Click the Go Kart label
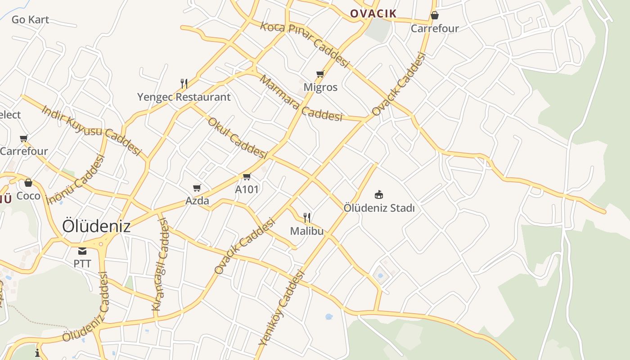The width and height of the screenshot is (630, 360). tap(30, 19)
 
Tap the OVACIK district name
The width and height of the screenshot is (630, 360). tap(373, 13)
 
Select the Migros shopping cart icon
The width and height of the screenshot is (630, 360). tap(320, 74)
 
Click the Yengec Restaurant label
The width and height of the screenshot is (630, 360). tap(184, 97)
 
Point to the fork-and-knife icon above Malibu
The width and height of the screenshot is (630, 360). tap(307, 218)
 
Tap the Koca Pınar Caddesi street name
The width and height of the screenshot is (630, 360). tap(305, 44)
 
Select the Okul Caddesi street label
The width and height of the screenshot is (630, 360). tap(237, 138)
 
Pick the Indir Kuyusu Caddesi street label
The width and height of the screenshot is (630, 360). tap(91, 130)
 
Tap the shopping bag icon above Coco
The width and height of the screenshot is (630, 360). tap(28, 183)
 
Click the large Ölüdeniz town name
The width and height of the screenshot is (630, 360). tap(96, 226)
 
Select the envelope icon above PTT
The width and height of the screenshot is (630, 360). tap(82, 251)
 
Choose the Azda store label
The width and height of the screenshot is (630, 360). tap(197, 201)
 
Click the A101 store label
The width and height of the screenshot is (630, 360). tap(247, 189)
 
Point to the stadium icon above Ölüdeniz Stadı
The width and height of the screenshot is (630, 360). tap(379, 194)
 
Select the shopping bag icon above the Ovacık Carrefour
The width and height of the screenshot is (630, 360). tap(435, 15)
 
